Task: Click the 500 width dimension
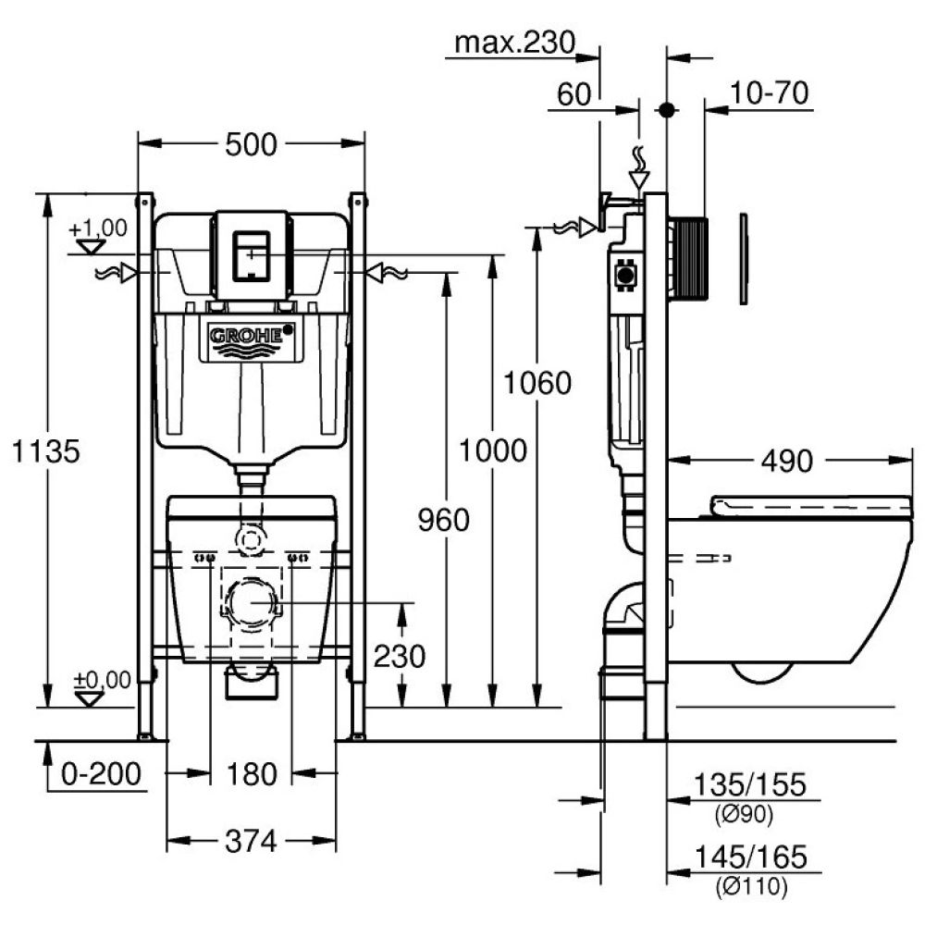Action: point(251,145)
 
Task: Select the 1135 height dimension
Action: point(45,451)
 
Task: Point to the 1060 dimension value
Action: point(537,382)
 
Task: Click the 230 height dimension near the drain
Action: point(400,656)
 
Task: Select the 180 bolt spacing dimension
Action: point(251,774)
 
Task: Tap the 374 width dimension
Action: point(251,841)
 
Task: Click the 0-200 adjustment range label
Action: point(101,774)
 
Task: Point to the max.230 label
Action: point(515,43)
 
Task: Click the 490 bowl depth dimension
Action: point(786,459)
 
